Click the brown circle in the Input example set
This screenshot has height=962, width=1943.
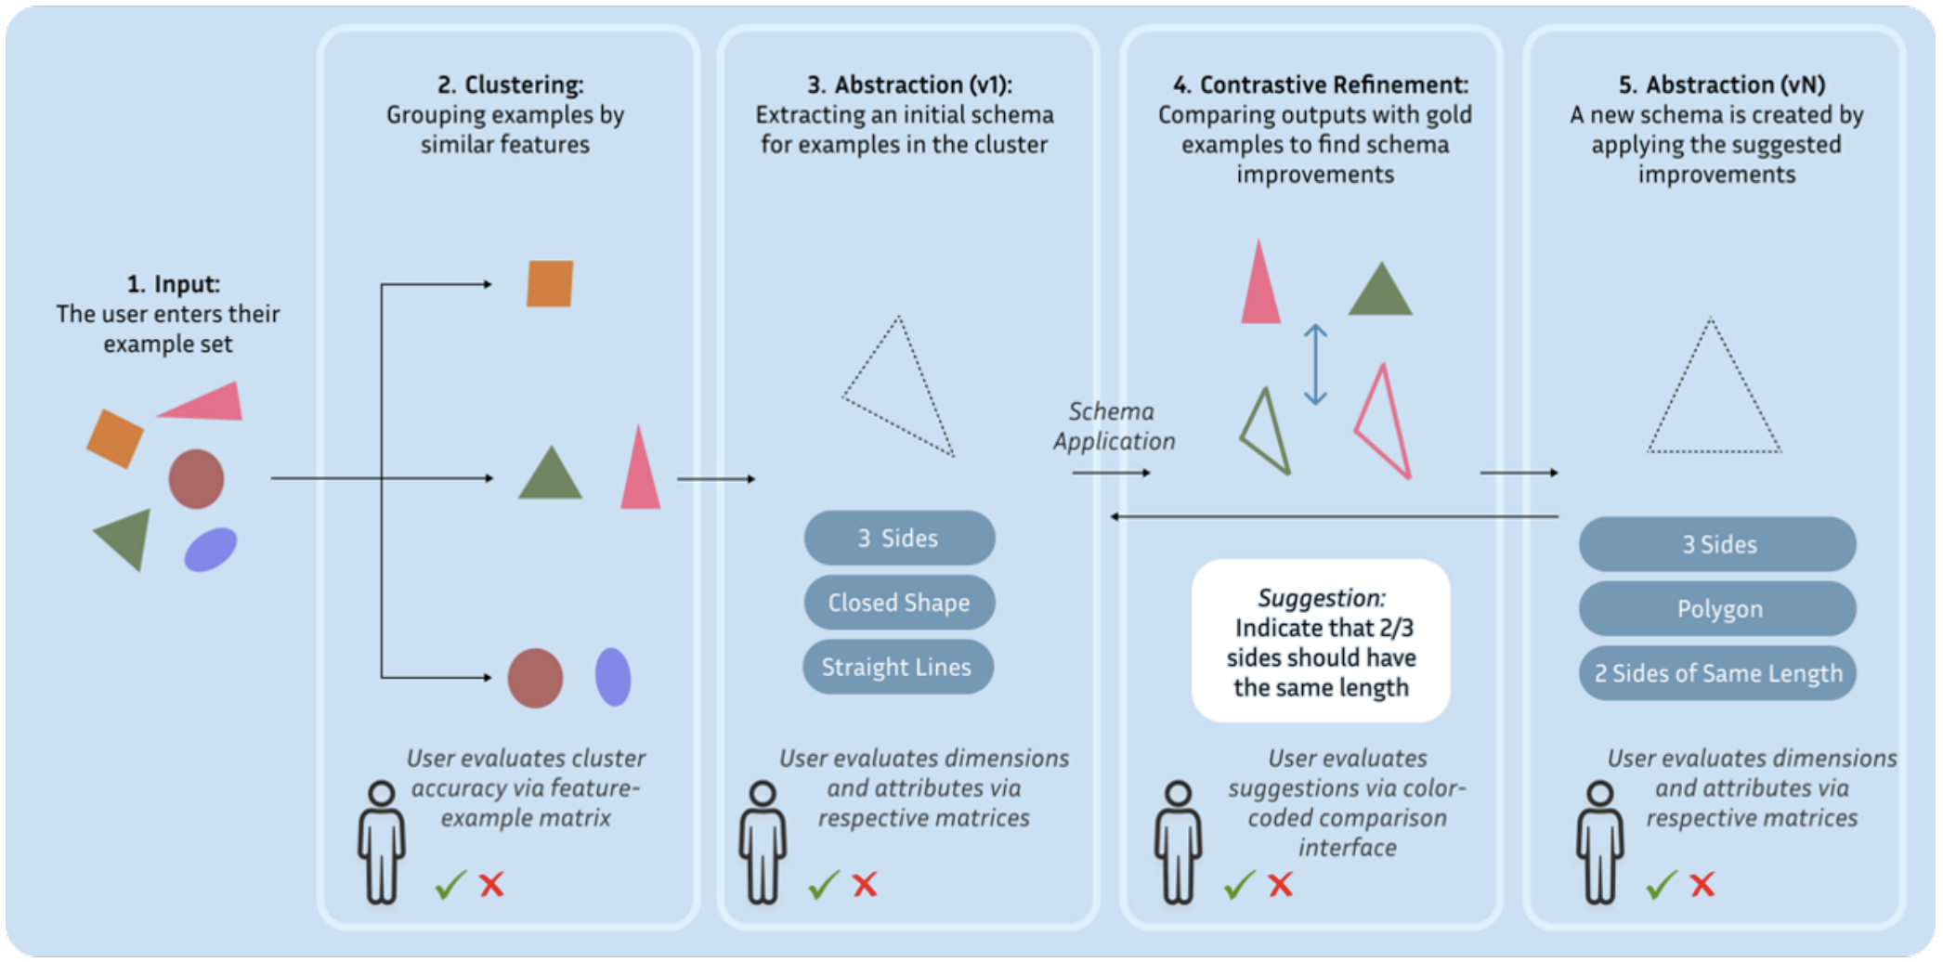point(196,479)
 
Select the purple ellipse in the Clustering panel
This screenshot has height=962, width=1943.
point(613,677)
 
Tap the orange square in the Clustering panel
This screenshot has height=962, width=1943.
point(550,283)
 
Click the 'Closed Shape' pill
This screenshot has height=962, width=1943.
point(899,603)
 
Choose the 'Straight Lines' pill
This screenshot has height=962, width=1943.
point(897,667)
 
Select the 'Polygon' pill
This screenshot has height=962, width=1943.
point(1718,609)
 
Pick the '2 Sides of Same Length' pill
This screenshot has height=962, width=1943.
point(1718,673)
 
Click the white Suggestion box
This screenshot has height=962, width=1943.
point(1321,641)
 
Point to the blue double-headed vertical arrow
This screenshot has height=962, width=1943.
point(1315,364)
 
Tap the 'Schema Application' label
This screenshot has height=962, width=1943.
point(1114,426)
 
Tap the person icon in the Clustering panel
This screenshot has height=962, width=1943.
point(382,842)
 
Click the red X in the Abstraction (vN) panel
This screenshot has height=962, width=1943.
point(1702,884)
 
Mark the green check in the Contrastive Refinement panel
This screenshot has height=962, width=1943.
point(1239,885)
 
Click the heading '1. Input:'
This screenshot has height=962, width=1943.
point(174,284)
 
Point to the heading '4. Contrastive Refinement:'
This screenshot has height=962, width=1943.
point(1321,84)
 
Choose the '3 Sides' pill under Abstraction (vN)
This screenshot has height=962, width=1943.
point(1718,544)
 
